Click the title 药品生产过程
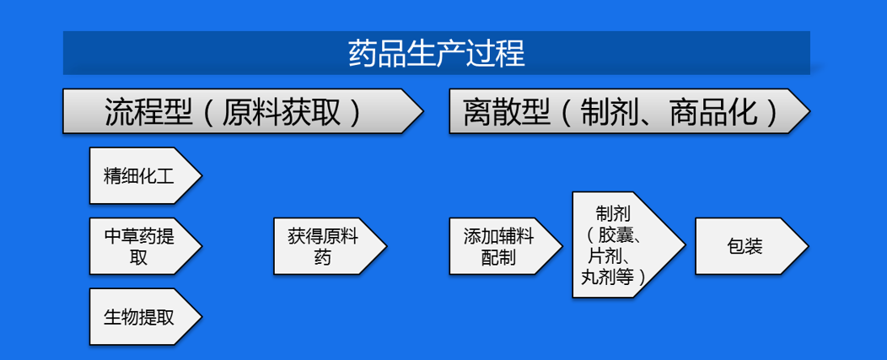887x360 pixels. pyautogui.click(x=436, y=53)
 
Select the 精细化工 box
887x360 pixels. pyautogui.click(x=145, y=175)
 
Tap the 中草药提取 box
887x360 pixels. pyautogui.click(x=145, y=246)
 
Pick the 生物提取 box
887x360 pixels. pyautogui.click(x=145, y=317)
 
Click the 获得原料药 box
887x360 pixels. pyautogui.click(x=330, y=246)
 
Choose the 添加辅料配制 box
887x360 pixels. pyautogui.click(x=506, y=246)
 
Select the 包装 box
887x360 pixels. pyautogui.click(x=752, y=246)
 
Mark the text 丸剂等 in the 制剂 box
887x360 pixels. pyautogui.click(x=606, y=277)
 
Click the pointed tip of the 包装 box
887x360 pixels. pyautogui.click(x=809, y=246)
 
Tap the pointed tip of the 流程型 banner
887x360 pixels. pyautogui.click(x=423, y=111)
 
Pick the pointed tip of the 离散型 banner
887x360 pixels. pyautogui.click(x=809, y=111)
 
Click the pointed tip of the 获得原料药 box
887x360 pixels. pyautogui.click(x=386, y=246)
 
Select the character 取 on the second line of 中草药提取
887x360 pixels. pyautogui.click(x=138, y=257)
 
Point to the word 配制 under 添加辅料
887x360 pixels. pyautogui.click(x=498, y=257)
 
